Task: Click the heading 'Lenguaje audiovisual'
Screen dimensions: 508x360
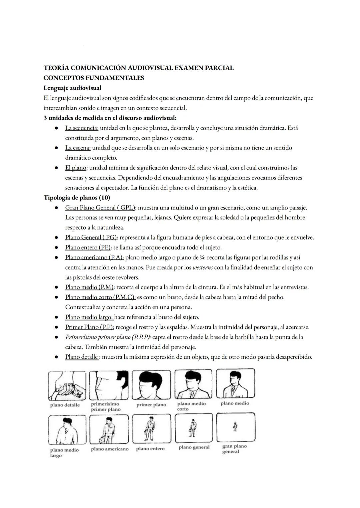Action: coord(72,88)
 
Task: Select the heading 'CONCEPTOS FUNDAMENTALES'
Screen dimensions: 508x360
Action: coord(94,78)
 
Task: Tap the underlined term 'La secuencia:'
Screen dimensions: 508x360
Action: coord(82,128)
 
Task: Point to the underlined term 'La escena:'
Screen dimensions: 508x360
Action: coord(78,148)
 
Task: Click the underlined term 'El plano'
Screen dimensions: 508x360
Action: coord(76,168)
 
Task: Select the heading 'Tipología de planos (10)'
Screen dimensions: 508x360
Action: coord(77,198)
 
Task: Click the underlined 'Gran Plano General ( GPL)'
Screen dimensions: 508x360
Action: coord(100,208)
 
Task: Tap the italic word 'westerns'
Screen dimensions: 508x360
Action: coord(203,267)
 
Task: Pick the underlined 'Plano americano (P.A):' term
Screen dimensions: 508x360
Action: coord(94,257)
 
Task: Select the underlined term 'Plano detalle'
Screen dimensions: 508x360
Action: coord(81,357)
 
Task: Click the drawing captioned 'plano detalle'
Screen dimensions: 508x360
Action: coord(67,386)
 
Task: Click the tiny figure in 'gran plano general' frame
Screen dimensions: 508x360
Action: coord(235,427)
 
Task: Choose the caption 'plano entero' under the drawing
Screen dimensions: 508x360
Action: coord(150,449)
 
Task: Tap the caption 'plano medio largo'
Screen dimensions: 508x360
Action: coord(64,452)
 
